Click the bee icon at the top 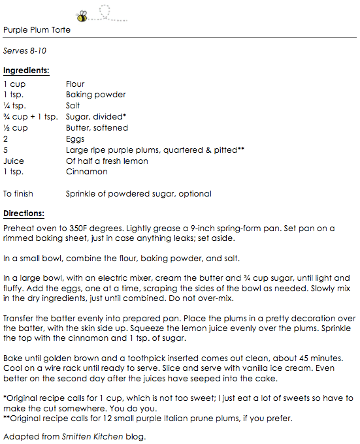[x=83, y=16]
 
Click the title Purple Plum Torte [x=37, y=30]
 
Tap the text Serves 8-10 [x=25, y=50]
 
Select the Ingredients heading [x=26, y=70]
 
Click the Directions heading [x=24, y=214]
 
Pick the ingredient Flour [x=75, y=84]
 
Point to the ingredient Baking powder [x=95, y=95]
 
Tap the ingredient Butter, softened [x=97, y=128]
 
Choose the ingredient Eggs [x=75, y=139]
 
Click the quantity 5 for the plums [x=5, y=150]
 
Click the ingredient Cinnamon [x=86, y=172]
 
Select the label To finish [x=18, y=194]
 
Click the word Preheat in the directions [x=18, y=229]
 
